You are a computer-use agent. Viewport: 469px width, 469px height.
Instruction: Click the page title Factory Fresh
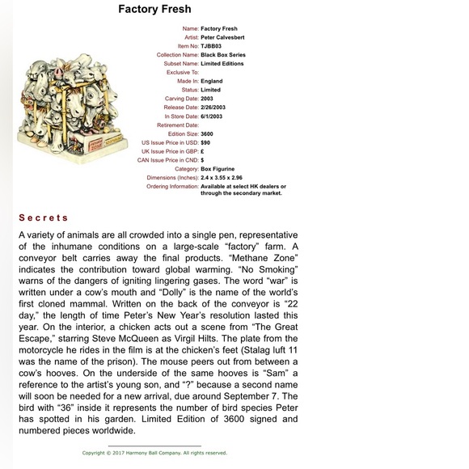tap(154, 10)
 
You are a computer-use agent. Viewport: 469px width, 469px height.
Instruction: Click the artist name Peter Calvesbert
tap(222, 37)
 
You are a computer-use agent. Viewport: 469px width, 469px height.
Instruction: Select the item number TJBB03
tap(211, 46)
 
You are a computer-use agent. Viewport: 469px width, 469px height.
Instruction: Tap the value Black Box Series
tap(222, 54)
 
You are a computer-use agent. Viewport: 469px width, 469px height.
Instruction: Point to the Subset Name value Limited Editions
tap(222, 63)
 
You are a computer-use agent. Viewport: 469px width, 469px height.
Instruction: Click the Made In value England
tap(212, 81)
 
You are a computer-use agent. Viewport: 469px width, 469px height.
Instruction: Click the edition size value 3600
tap(207, 133)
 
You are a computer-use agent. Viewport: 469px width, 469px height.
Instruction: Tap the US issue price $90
tap(205, 142)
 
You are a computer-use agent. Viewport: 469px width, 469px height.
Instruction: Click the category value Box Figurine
tap(217, 168)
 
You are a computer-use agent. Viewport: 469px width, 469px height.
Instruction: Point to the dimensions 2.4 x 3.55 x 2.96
tap(222, 177)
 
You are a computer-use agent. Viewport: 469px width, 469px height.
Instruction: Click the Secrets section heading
tap(44, 218)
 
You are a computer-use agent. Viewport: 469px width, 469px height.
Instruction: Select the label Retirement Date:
tap(177, 125)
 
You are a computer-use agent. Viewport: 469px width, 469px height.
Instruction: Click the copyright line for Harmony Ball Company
tap(154, 453)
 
